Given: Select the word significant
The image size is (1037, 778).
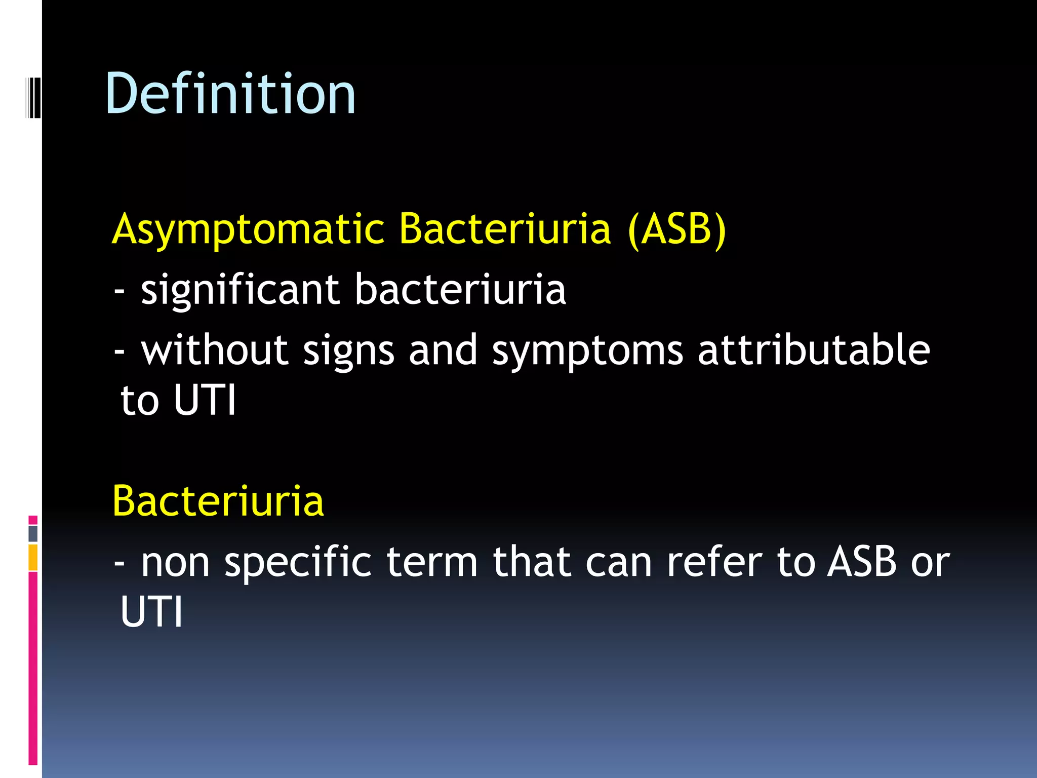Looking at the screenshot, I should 240,291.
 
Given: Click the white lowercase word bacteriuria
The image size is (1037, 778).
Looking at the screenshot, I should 460,290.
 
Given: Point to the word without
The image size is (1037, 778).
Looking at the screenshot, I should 215,351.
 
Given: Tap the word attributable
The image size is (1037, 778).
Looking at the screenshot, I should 814,351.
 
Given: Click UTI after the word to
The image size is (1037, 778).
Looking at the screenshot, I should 204,400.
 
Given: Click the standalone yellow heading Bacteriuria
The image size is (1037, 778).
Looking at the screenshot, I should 218,501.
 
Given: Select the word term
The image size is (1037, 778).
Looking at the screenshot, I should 432,562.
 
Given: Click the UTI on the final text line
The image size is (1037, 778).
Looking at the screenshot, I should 151,612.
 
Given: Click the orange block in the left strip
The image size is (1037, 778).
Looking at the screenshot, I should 33,558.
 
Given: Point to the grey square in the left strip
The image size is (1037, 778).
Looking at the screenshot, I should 33,533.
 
